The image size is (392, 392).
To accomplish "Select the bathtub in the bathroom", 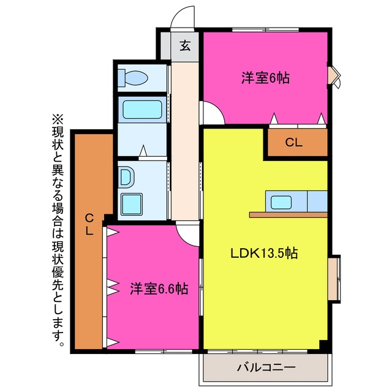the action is tap(142, 110).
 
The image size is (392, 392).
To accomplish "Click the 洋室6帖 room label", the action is tap(265, 78).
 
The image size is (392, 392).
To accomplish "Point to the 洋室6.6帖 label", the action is tap(159, 288).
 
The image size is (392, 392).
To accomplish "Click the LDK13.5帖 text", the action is tap(264, 253).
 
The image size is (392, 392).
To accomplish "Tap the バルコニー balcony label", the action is tap(266, 367).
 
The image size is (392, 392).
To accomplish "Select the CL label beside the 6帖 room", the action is tap(294, 143).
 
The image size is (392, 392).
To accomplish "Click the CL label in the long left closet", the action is tap(89, 224).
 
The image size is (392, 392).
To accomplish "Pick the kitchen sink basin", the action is tap(282, 202).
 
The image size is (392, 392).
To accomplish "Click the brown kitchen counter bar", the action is tap(288, 215).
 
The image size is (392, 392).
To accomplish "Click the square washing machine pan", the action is tap(132, 204).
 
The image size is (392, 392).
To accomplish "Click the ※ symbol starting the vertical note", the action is tap(58, 120).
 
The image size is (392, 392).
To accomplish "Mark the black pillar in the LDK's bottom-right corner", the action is tap(323, 345).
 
